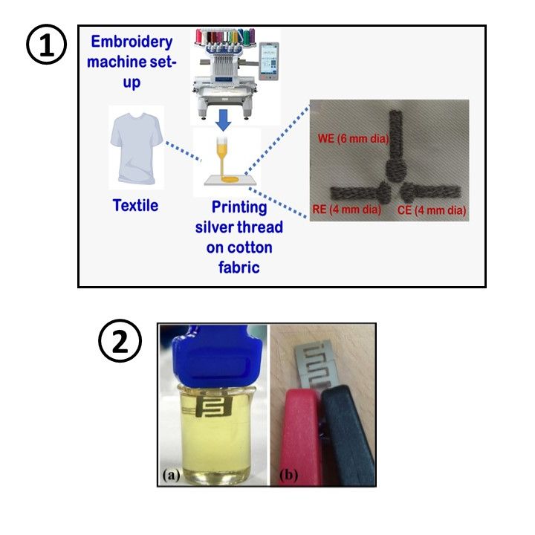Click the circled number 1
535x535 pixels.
pos(46,45)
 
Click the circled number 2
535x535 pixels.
pos(120,340)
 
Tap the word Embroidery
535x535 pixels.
pos(132,42)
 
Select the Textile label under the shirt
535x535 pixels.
pos(135,205)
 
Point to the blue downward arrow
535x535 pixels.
pos(224,120)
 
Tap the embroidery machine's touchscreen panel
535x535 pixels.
pos(268,61)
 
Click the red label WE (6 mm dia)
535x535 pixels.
pos(353,138)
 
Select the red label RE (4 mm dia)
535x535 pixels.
pos(347,209)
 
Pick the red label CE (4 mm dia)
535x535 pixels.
pos(432,210)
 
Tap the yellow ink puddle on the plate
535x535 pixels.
pos(230,179)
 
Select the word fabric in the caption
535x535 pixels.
pos(239,267)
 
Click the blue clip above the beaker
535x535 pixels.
pos(217,357)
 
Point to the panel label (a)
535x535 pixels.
pos(171,475)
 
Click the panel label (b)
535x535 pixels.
pos(288,475)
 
